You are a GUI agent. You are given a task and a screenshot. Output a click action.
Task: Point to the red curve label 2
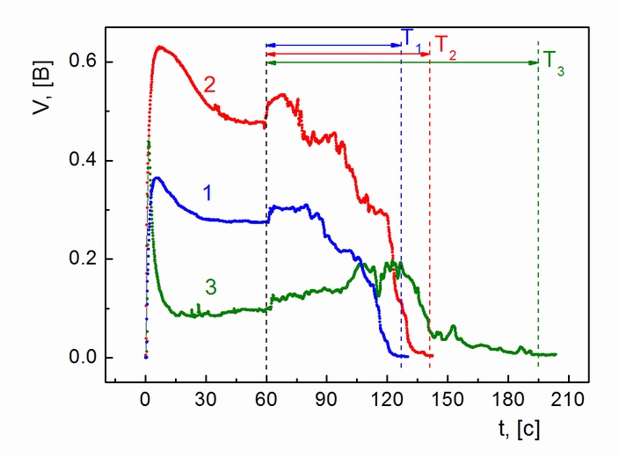pyautogui.click(x=210, y=84)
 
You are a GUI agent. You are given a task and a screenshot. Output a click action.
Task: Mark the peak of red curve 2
pyautogui.click(x=160, y=47)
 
